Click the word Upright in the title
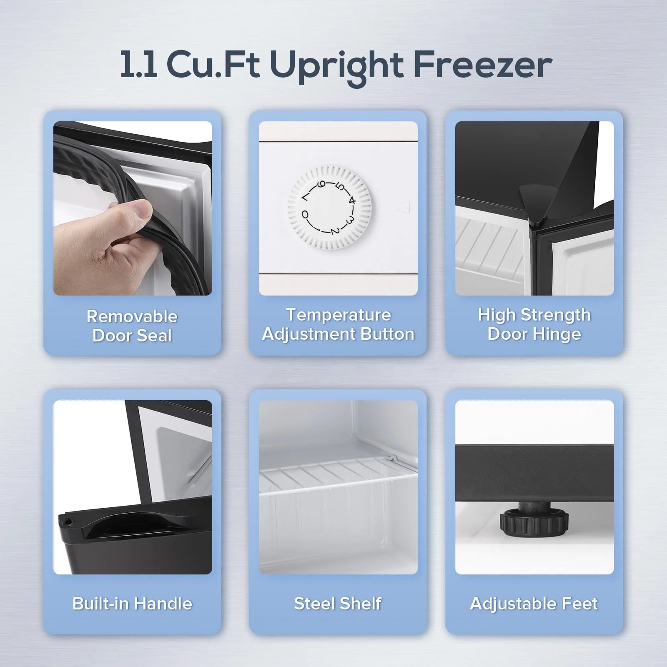coord(336,66)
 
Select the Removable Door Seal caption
coord(132,326)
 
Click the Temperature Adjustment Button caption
coord(338,324)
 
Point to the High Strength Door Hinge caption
coord(534,324)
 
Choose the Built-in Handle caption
coord(132,604)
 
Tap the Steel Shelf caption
coord(338,604)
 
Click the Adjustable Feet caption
coord(534,604)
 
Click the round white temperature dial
coord(330,207)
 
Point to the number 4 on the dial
coord(352,201)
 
